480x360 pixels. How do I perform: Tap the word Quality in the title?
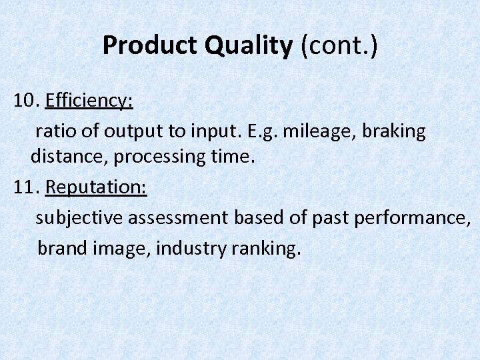[x=249, y=46]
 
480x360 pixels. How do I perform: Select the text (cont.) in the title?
[x=338, y=46]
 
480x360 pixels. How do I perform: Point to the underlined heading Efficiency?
[x=89, y=101]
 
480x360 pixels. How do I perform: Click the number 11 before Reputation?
[x=26, y=187]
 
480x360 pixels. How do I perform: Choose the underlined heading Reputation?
[x=96, y=187]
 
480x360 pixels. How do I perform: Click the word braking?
[x=395, y=131]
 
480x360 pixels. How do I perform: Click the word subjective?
[x=79, y=218]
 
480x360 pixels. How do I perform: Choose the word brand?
[x=61, y=249]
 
